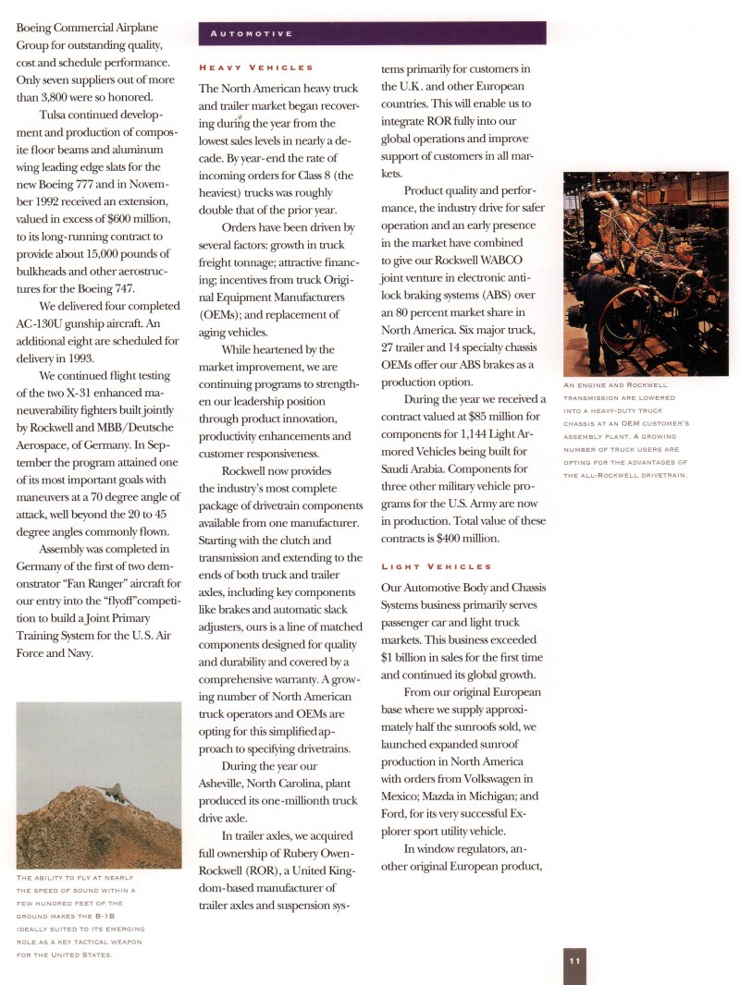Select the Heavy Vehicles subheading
point(256,67)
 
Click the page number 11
point(574,961)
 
